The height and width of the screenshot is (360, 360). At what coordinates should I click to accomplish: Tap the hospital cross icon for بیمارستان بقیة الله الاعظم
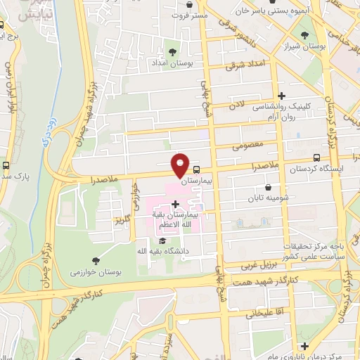coord(175,204)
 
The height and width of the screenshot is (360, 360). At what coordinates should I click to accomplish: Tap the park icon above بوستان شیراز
coord(304,34)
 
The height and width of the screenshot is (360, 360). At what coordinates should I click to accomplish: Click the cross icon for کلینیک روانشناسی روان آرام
coord(282,96)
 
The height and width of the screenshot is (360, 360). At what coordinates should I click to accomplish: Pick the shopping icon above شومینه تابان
coord(269,188)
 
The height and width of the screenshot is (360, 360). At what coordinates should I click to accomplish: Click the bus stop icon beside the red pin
coord(196,169)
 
